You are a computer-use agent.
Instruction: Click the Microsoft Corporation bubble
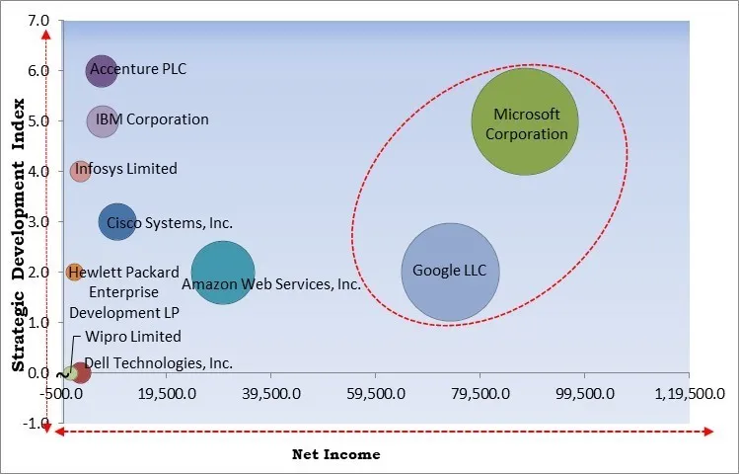[524, 121]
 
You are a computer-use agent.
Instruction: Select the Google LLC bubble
[450, 273]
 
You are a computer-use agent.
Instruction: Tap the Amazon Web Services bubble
[223, 274]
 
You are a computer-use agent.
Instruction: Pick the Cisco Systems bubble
[117, 222]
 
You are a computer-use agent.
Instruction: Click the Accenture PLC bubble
[101, 70]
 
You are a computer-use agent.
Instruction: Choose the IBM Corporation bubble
[103, 121]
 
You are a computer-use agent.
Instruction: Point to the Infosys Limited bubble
[81, 171]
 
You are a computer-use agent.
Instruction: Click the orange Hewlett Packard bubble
[74, 272]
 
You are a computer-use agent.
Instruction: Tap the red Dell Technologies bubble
[82, 372]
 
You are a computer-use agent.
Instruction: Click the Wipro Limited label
[133, 337]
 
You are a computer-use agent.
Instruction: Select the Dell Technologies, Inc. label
[159, 362]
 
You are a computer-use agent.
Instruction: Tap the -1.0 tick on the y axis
[37, 424]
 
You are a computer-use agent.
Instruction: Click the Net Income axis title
[335, 454]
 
